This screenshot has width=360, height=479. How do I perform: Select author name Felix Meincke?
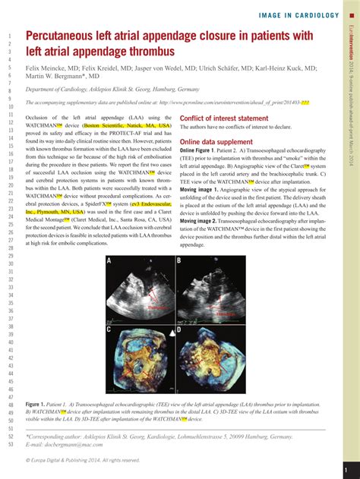[x=49, y=67]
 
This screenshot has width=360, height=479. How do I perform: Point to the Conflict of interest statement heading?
[x=224, y=118]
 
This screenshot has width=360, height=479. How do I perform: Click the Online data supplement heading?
[x=216, y=141]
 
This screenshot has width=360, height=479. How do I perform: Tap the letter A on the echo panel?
[x=109, y=260]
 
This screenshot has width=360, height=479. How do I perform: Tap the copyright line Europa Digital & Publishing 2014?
[x=84, y=460]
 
